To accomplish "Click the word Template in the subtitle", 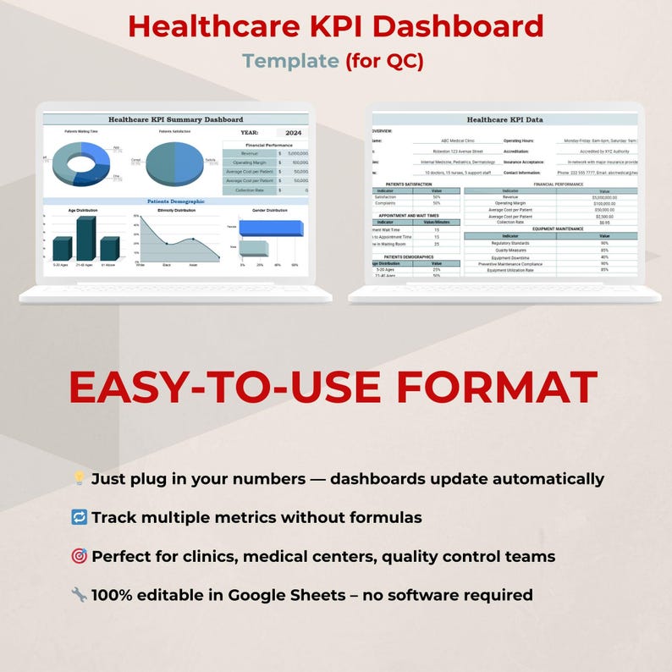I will [x=290, y=61].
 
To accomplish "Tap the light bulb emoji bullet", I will [x=79, y=479].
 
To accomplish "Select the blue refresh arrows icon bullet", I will [x=79, y=517].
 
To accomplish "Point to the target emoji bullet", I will [x=79, y=556].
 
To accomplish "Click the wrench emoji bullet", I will [x=79, y=595].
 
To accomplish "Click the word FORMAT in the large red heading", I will [x=497, y=387].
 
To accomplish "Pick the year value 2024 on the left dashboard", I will [x=293, y=133].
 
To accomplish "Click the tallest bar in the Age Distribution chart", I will [x=85, y=239].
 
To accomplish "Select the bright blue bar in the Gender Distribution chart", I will [x=271, y=228].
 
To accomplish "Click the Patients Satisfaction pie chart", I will [x=174, y=163].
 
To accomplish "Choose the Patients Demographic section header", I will [x=176, y=201].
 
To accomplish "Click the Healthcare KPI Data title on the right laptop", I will [x=504, y=120].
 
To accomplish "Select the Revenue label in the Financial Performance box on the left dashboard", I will [x=249, y=153].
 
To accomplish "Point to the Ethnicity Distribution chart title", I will [x=176, y=210].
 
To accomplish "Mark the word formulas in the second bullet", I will [x=385, y=517].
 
